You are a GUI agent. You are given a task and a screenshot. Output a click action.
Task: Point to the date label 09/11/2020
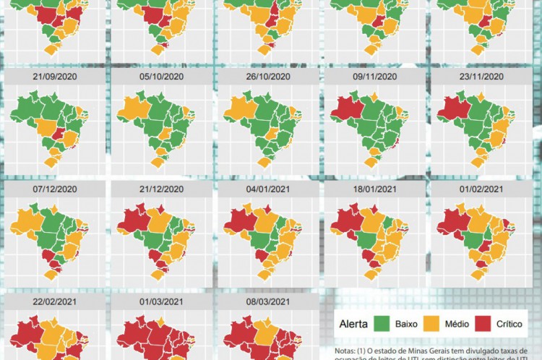pyautogui.click(x=375, y=77)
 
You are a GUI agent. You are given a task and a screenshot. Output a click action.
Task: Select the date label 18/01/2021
pyautogui.click(x=375, y=189)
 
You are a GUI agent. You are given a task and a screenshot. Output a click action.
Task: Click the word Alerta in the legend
pyautogui.click(x=353, y=324)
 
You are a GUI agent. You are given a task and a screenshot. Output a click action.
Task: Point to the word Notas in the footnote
pyautogui.click(x=345, y=351)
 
